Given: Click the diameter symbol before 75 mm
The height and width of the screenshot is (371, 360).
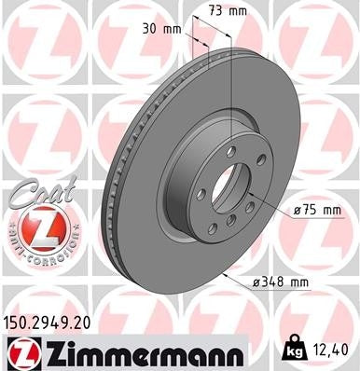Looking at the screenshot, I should [x=297, y=211].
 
